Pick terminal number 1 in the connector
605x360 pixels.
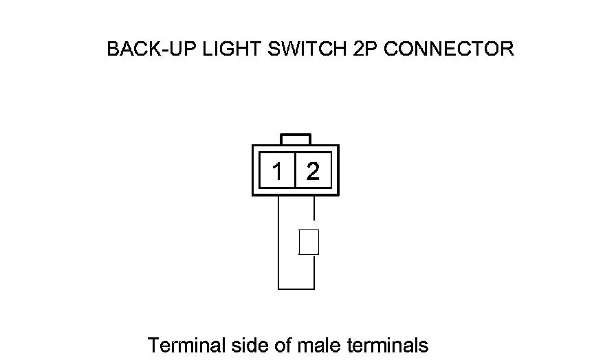click(277, 170)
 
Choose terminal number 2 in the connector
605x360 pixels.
click(313, 170)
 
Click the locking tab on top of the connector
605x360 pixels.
click(296, 139)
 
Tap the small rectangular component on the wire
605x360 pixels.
click(309, 242)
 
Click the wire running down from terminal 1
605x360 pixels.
click(278, 240)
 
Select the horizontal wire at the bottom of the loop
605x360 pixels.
click(296, 289)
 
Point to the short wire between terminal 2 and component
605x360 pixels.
click(314, 212)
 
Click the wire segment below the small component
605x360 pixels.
click(314, 271)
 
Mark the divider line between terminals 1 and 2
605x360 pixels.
click(295, 170)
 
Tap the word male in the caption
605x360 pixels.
click(318, 344)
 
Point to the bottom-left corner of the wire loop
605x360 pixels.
click(278, 289)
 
